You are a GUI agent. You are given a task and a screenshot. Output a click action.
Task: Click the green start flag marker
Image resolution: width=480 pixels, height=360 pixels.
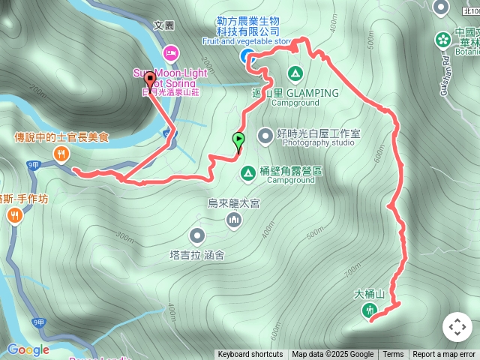(238, 139)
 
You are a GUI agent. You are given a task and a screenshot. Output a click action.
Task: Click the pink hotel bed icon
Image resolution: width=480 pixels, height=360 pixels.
(170, 52)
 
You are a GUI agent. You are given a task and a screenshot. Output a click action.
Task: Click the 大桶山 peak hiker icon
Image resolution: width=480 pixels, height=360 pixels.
(368, 310)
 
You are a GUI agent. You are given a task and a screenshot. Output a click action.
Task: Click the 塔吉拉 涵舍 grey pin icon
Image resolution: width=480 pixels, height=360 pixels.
(197, 236)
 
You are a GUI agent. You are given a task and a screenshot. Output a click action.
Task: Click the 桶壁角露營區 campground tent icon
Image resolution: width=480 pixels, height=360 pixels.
(247, 173)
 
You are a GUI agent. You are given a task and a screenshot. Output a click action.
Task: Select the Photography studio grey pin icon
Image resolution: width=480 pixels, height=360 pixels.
(265, 136)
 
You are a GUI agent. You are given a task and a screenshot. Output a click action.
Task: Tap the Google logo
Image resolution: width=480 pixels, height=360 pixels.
(28, 349)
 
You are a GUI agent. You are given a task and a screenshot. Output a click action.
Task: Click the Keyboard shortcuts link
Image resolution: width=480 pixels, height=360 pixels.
(250, 355)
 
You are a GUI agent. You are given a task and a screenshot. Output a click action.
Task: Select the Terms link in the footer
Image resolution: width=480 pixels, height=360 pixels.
(393, 355)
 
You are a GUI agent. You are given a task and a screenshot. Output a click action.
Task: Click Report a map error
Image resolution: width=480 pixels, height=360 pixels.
(444, 355)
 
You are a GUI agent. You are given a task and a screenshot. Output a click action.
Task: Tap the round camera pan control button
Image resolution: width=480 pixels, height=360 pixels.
(457, 327)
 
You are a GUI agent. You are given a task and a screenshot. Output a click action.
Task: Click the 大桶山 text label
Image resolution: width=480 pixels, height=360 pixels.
(369, 294)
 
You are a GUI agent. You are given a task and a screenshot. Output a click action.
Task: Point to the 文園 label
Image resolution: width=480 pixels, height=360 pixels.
(164, 25)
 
